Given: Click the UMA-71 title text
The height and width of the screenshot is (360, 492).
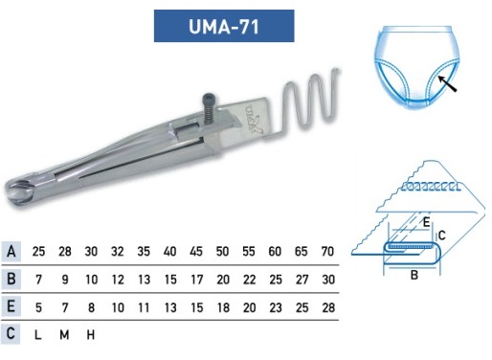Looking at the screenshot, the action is click(224, 26).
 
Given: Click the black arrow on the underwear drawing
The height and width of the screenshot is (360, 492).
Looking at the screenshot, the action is click(447, 83).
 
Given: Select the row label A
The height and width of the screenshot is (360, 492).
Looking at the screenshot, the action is click(11, 252).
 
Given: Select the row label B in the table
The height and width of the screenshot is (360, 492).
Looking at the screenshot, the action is click(11, 279).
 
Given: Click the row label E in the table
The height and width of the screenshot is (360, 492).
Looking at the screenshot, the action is click(11, 306).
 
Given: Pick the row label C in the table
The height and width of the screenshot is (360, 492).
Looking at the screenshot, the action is click(11, 334).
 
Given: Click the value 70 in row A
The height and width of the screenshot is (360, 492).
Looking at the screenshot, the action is click(327, 252).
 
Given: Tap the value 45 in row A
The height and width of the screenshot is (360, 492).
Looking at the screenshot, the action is click(196, 252).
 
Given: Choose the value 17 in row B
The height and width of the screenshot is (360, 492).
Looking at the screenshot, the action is click(196, 280).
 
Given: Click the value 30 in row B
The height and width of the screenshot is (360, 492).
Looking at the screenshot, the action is click(328, 280).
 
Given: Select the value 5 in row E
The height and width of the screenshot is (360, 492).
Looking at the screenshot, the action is click(38, 307).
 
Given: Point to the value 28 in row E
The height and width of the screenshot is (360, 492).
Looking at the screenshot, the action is click(328, 307).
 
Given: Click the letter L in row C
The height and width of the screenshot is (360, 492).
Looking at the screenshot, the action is click(37, 335).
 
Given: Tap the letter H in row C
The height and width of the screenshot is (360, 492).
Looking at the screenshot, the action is click(91, 335).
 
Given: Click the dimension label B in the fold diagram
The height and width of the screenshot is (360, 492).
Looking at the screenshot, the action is click(414, 275).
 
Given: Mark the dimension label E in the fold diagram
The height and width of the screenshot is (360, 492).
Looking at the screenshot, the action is click(426, 222).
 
